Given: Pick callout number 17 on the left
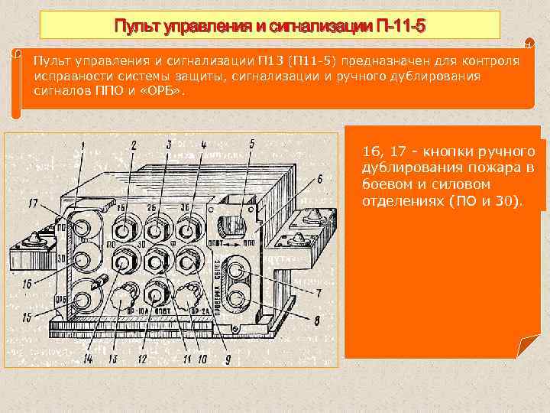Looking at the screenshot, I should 32,203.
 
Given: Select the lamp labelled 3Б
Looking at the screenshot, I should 185,227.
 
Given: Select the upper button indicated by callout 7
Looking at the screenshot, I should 241,271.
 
